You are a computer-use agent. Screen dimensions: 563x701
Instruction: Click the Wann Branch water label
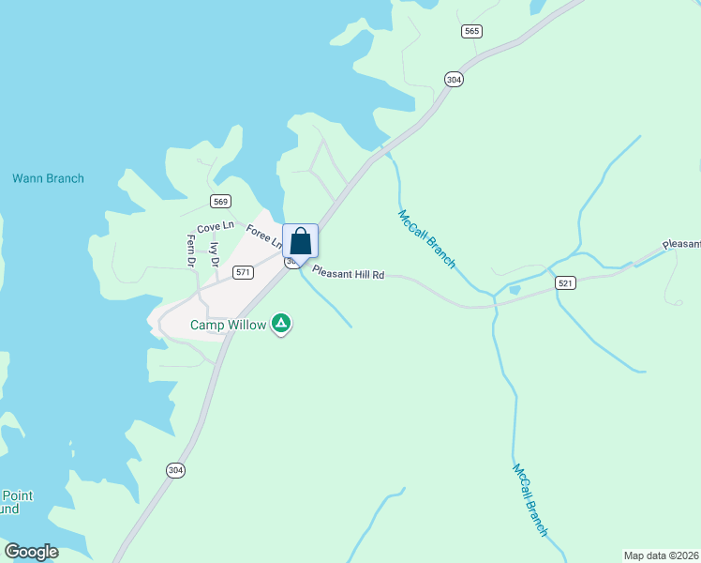click(x=48, y=178)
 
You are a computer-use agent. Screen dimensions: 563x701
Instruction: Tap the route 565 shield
click(x=471, y=32)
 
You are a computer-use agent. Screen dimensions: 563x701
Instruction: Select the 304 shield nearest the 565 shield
click(x=454, y=80)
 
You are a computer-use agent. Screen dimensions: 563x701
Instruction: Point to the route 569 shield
click(x=221, y=201)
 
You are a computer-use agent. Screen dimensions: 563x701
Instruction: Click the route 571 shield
click(x=244, y=272)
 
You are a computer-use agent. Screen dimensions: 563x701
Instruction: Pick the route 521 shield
click(x=564, y=282)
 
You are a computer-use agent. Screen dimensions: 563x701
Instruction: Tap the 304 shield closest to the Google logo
click(x=175, y=470)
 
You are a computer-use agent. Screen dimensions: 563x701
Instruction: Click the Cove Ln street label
click(x=215, y=227)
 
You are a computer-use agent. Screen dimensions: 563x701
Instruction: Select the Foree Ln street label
click(x=263, y=235)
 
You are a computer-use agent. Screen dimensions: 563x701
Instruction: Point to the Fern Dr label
click(x=190, y=249)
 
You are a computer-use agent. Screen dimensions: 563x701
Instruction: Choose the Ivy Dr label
click(x=215, y=254)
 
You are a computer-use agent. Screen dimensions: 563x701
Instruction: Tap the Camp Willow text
click(x=229, y=326)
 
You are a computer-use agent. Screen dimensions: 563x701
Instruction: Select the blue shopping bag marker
click(x=300, y=241)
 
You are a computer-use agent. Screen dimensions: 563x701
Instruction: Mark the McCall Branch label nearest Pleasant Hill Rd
click(x=426, y=239)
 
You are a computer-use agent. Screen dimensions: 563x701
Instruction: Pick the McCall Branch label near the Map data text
click(x=529, y=500)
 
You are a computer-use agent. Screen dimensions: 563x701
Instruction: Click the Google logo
click(x=31, y=552)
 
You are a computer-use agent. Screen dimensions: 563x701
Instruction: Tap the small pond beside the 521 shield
click(x=513, y=290)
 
